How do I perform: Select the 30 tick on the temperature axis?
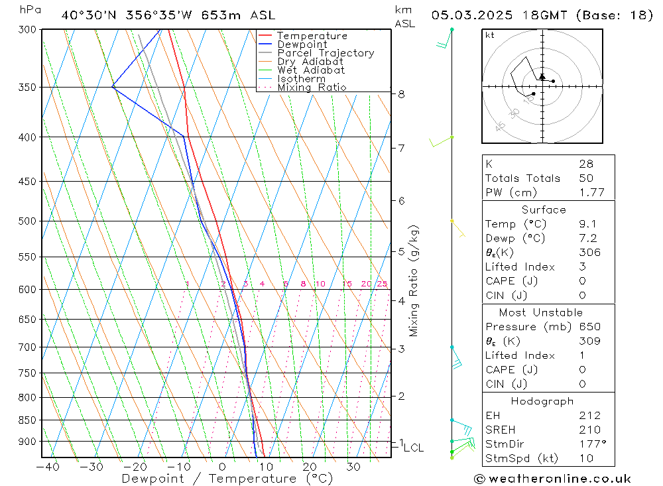click(353, 467)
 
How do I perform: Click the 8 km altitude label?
click(402, 94)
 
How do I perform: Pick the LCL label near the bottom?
click(413, 448)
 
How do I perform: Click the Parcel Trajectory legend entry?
click(326, 53)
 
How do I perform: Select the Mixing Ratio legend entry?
click(312, 88)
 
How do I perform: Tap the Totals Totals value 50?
click(586, 178)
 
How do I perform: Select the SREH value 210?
click(589, 430)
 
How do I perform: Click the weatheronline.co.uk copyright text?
click(552, 478)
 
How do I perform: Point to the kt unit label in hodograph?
click(490, 35)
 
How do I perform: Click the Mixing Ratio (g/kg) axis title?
click(414, 280)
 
